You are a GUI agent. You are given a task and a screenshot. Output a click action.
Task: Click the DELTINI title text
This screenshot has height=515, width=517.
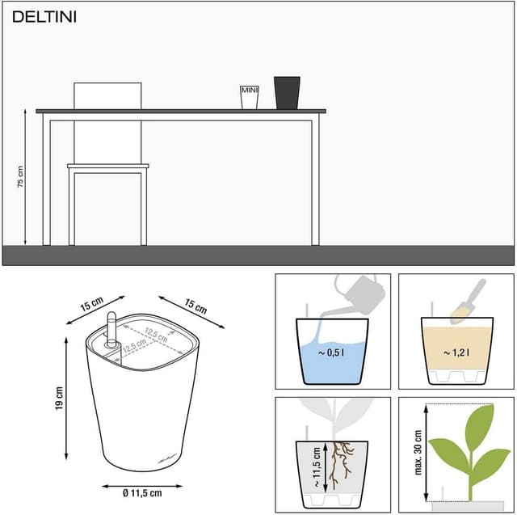[44, 17]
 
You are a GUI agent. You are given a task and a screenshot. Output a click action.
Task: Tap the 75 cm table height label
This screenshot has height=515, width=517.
[20, 177]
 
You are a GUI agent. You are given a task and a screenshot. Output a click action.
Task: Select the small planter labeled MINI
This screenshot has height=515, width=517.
[250, 97]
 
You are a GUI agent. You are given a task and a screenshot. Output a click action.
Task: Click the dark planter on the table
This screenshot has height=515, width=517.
[287, 93]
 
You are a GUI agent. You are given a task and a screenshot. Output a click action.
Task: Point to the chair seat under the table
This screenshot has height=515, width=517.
[108, 166]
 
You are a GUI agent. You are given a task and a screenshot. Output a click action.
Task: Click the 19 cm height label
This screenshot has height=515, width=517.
[59, 399]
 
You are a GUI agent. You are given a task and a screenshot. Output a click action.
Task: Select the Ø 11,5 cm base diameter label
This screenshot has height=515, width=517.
[142, 493]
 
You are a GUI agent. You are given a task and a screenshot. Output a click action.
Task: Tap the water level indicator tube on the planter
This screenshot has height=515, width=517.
[111, 330]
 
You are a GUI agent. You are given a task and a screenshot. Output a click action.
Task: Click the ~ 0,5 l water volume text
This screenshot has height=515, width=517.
[331, 352]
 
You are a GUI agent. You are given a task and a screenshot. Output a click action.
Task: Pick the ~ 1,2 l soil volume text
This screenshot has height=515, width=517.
[456, 352]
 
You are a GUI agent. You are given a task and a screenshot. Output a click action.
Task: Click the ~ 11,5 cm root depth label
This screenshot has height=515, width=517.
[317, 467]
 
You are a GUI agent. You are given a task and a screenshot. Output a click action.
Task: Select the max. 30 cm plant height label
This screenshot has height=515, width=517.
[418, 452]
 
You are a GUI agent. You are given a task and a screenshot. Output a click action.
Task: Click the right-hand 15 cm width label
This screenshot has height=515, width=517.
[195, 306]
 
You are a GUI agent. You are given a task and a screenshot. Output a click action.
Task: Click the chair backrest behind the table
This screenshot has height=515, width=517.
[107, 96]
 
